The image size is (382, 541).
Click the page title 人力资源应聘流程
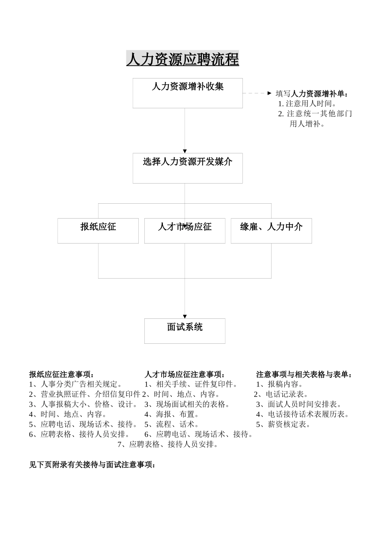[183, 60]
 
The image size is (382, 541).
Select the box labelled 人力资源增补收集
[187, 93]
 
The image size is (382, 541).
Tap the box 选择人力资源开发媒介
[187, 168]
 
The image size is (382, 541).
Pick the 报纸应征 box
[98, 231]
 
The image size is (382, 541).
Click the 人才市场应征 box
[185, 231]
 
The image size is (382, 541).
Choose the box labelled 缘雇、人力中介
[271, 231]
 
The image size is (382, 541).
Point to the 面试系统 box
[185, 331]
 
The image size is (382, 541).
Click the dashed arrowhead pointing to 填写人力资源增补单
[269, 93]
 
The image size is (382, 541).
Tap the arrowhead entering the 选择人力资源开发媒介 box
[185, 151]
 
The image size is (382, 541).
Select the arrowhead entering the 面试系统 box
[185, 316]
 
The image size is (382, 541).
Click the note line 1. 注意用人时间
[308, 104]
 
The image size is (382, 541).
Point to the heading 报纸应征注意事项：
[62, 374]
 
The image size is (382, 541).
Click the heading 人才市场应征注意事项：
[185, 374]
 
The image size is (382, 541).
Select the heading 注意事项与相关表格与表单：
[304, 374]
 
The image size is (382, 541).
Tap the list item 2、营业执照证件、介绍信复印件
[84, 394]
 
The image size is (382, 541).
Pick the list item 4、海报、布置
[172, 414]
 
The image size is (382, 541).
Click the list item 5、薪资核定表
[283, 424]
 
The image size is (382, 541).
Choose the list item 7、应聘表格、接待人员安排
[168, 444]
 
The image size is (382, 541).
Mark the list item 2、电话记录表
[281, 394]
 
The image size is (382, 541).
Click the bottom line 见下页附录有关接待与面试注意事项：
[92, 465]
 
